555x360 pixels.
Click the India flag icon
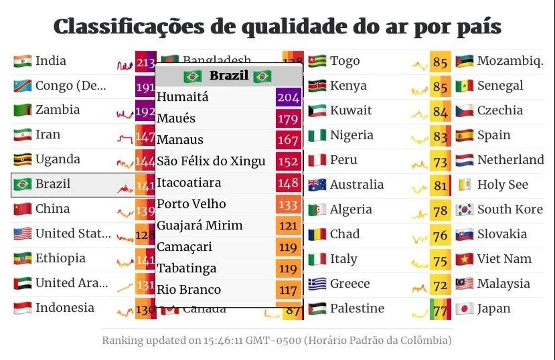pos(22,61)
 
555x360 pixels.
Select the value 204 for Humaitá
pos(288,97)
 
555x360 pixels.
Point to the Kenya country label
pos(348,86)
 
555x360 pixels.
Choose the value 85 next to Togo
pos(440,62)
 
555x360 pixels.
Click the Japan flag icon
pos(464,308)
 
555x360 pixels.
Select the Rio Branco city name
pos(189,290)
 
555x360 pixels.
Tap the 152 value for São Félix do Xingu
pos(288,161)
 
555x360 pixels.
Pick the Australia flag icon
pos(317,185)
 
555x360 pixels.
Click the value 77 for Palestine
pos(440,310)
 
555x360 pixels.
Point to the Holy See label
pos(502,185)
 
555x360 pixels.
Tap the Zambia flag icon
pos(22,110)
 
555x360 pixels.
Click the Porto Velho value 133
pos(288,204)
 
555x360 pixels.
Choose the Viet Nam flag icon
pos(464,259)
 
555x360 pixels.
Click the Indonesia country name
pos(64,308)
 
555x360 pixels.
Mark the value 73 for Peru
pos(440,161)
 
